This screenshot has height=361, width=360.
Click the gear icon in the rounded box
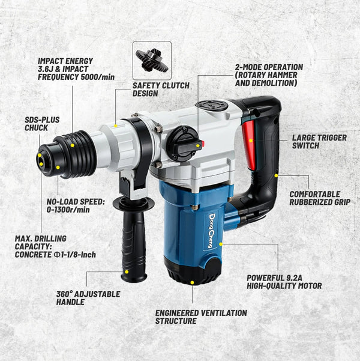click(x=152, y=60)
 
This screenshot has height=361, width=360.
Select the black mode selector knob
click(x=182, y=144)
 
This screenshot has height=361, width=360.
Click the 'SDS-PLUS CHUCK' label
click(x=43, y=124)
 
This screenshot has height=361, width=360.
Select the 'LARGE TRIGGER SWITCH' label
click(x=319, y=142)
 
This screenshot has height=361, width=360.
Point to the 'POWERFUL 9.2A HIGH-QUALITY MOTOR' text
click(x=284, y=282)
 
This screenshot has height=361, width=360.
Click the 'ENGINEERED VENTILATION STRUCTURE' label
click(x=201, y=317)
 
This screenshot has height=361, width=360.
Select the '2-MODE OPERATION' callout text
click(x=269, y=75)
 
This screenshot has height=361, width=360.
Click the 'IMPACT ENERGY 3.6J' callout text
click(x=76, y=68)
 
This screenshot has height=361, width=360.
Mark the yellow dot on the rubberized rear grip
click(x=276, y=175)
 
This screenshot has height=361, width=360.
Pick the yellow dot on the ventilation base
click(x=192, y=282)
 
